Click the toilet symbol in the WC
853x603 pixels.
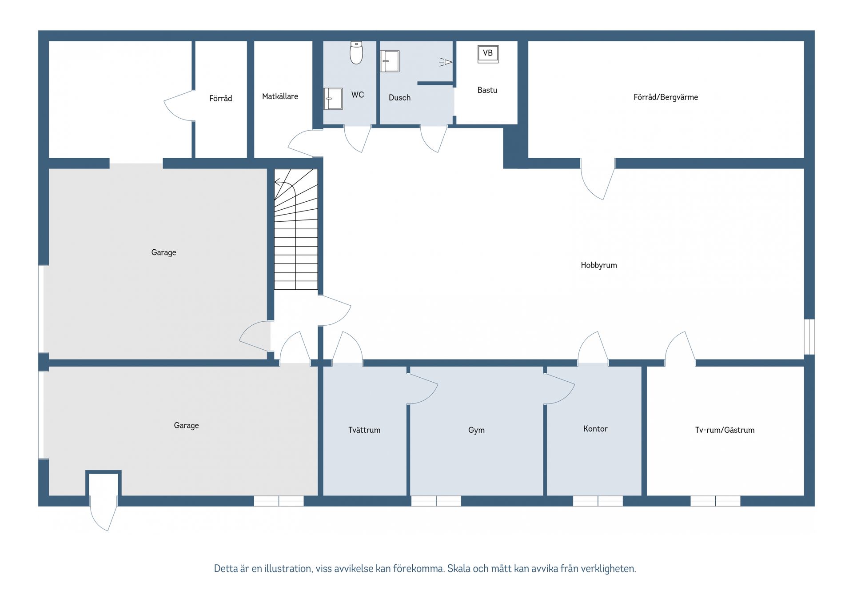coord(356,52)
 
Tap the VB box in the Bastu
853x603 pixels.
coord(488,54)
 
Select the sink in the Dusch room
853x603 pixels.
coord(390,61)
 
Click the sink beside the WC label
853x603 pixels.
coord(333,99)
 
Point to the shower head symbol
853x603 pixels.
coord(446,62)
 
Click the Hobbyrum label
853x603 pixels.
coord(599,265)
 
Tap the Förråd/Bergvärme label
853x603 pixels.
coord(666,97)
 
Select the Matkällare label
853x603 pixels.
coord(280,96)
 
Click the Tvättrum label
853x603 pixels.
coord(364,430)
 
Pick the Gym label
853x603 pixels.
coord(476,430)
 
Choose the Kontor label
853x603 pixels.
coord(595,429)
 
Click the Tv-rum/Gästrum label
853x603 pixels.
coord(725,430)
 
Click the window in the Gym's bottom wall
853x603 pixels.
coord(436,501)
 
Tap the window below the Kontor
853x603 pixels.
coord(598,501)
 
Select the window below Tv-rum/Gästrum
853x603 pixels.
coord(715,501)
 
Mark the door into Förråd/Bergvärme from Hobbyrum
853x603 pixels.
coord(598,179)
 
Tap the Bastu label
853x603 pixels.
coord(487,90)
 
